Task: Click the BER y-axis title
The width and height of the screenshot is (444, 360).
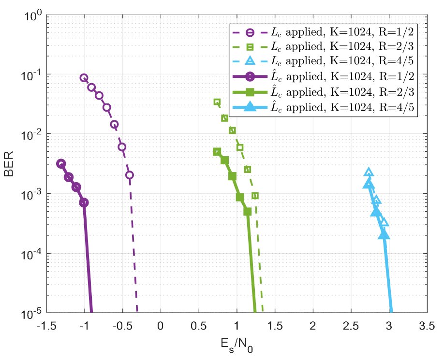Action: (10, 164)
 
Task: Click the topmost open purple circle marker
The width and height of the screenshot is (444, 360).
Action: (84, 78)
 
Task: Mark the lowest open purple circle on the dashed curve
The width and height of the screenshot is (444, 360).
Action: (130, 175)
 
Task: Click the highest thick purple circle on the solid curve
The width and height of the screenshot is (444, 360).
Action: (61, 164)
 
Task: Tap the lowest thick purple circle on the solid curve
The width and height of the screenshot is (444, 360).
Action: (84, 202)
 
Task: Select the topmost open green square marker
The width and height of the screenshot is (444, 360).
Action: (217, 102)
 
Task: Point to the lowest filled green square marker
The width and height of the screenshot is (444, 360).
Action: (248, 212)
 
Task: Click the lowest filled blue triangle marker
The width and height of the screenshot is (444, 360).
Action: (384, 235)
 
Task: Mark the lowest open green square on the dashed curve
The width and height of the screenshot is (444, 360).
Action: (255, 196)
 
